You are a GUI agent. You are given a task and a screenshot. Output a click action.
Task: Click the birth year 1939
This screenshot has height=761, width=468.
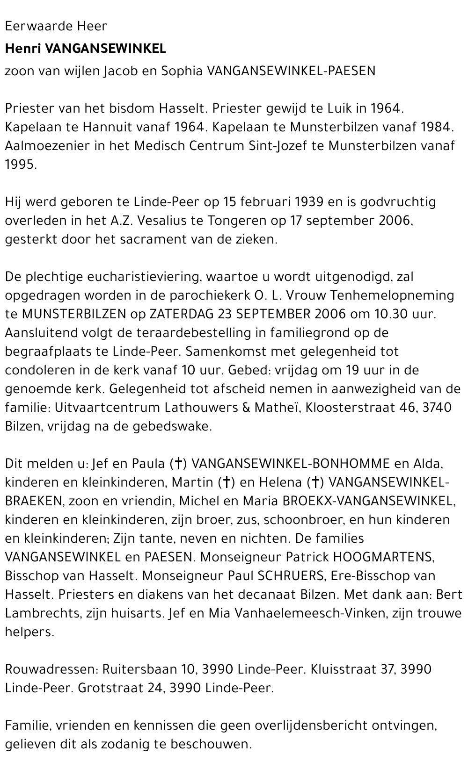[x=309, y=202]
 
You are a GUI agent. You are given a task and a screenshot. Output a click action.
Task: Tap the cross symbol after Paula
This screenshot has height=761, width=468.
[x=177, y=464]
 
